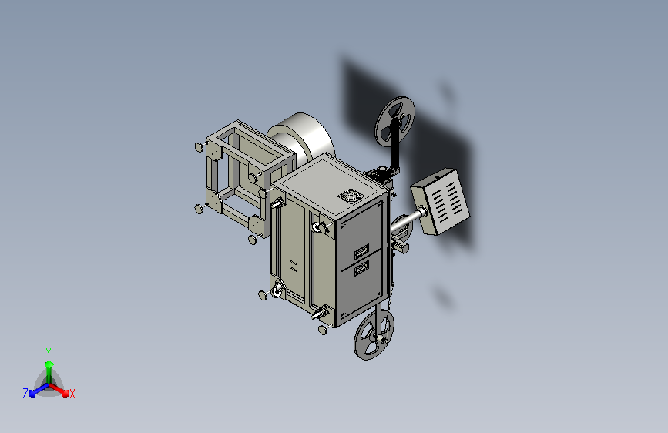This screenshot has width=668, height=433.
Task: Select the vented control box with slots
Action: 440,201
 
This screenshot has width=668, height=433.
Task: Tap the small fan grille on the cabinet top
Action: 351,196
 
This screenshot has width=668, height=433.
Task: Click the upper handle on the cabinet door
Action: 361,251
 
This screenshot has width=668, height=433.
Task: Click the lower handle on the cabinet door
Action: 361,268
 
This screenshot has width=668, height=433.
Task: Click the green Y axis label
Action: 49,352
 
